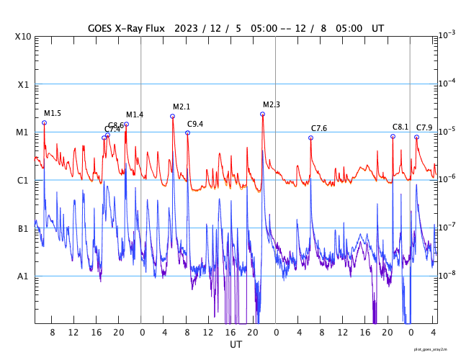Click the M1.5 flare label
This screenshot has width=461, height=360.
tap(53, 114)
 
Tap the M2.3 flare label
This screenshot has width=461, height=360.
tap(272, 105)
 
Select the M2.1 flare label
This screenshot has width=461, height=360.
tap(182, 107)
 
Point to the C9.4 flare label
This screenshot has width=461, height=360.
tap(195, 124)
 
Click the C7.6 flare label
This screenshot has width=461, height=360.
tap(319, 129)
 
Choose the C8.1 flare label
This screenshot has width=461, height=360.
tap(400, 127)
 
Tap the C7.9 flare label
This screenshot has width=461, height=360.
tap(424, 128)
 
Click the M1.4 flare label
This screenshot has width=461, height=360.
tap(135, 115)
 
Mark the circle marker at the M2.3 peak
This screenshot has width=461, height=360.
tap(263, 114)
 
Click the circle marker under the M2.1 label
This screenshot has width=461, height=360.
tap(173, 116)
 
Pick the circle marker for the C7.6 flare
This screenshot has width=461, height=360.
tap(311, 138)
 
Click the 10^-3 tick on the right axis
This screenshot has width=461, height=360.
tap(447, 35)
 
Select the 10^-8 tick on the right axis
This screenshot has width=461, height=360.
tap(447, 275)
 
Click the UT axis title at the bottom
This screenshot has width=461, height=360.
tap(236, 345)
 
